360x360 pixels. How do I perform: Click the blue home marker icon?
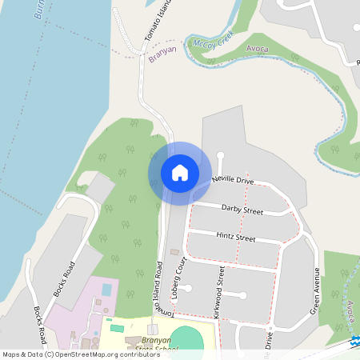pyautogui.click(x=180, y=173)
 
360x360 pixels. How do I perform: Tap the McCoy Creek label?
pyautogui.click(x=214, y=44)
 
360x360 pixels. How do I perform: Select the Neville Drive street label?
pyautogui.click(x=233, y=182)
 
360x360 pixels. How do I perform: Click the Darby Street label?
pyautogui.click(x=242, y=210)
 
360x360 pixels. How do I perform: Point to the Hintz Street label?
pyautogui.click(x=235, y=238)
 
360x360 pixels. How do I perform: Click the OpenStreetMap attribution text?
pyautogui.click(x=81, y=354)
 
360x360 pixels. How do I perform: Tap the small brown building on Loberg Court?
pyautogui.click(x=174, y=253)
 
